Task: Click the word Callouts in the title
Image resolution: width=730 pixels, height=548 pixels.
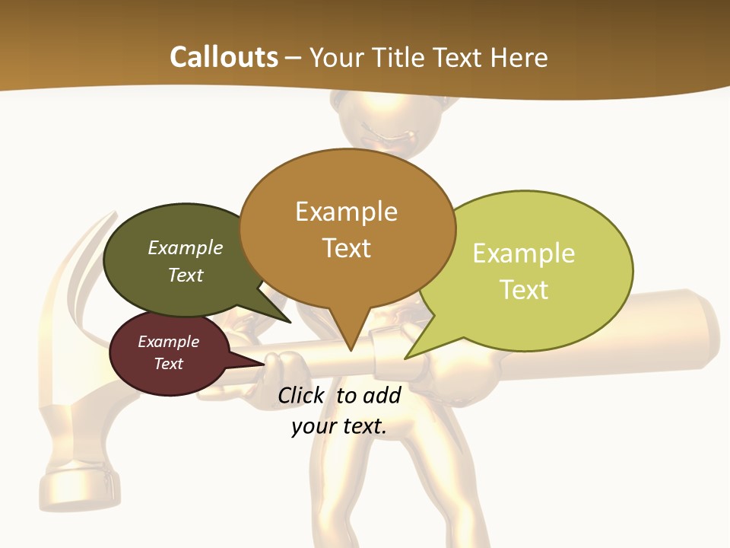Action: [224, 57]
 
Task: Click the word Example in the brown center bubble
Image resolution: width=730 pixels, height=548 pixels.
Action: [346, 212]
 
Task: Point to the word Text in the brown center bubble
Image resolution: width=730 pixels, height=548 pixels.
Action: [346, 248]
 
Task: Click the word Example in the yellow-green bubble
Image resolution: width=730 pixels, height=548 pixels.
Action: [523, 253]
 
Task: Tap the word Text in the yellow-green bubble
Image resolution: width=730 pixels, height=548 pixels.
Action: [524, 290]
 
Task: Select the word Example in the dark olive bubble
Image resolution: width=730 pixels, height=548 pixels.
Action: [186, 248]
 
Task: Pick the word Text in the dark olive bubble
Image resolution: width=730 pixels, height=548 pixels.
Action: [186, 275]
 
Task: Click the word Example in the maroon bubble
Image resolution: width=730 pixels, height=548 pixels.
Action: [168, 342]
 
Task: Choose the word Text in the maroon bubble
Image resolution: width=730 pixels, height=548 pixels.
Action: [168, 364]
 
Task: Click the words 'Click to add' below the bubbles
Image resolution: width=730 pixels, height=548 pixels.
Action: [338, 395]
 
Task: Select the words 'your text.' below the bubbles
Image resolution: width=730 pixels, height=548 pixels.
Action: [338, 426]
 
